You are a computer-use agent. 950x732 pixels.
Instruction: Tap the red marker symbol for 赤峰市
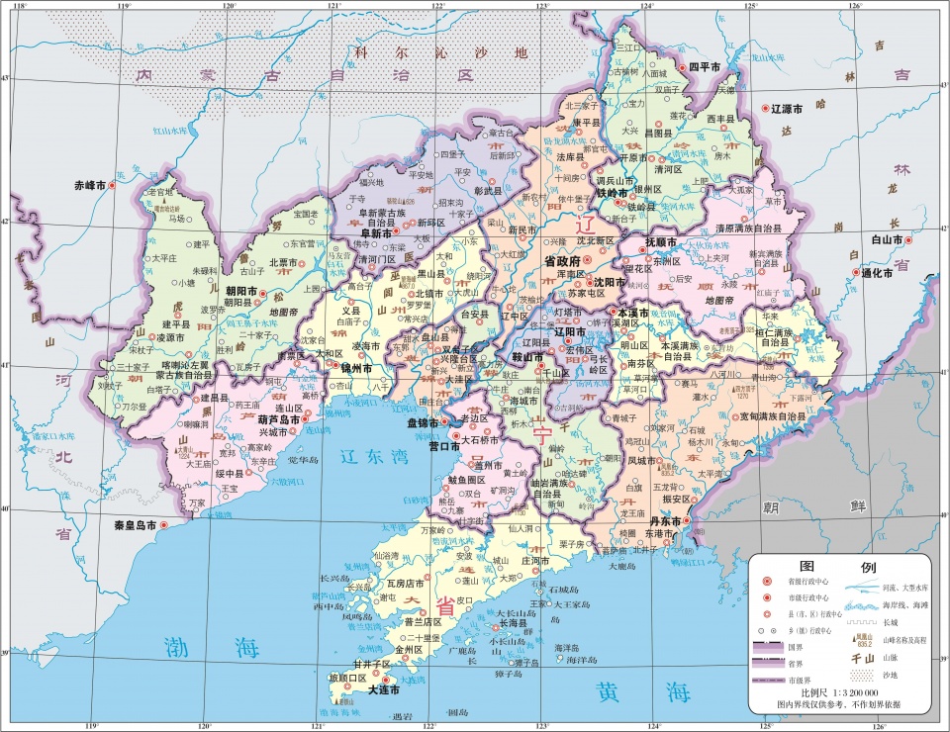[x=112, y=185]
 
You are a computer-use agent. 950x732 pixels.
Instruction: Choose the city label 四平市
[x=704, y=66]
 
